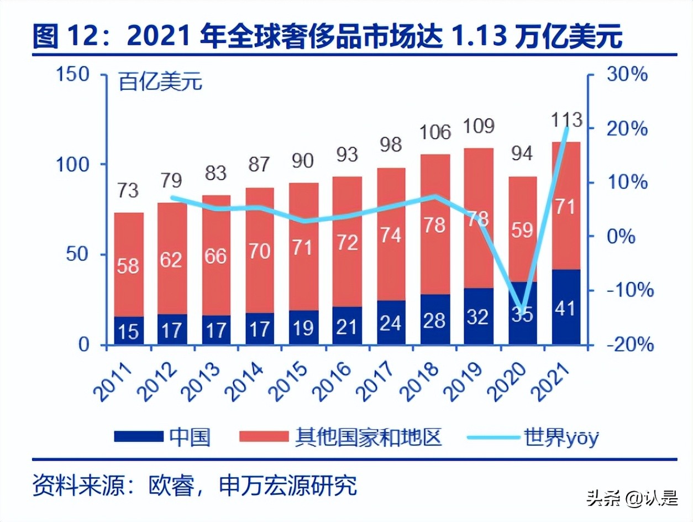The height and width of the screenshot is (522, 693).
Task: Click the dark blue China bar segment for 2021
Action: tap(566, 307)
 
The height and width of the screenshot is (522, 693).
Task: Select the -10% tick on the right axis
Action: tap(629, 290)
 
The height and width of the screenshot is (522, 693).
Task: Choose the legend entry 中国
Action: tap(190, 437)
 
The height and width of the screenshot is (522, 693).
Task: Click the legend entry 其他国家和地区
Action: tap(369, 437)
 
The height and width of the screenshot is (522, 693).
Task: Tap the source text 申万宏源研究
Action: tap(288, 486)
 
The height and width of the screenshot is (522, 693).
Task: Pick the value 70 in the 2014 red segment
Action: tap(259, 252)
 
